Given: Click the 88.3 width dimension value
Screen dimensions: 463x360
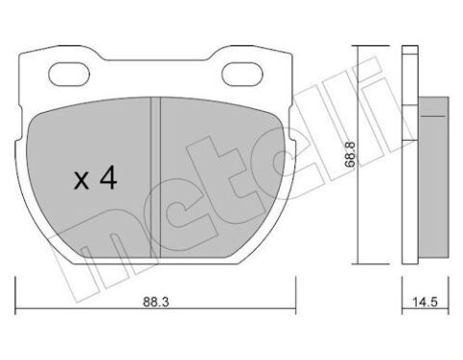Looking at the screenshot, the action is click(156, 302).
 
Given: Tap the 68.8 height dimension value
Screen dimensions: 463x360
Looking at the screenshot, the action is click(350, 154).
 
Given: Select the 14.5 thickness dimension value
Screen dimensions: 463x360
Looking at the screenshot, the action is click(424, 302).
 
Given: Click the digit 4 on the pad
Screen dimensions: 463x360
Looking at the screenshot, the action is click(108, 179).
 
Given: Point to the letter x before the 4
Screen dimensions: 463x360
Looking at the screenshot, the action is click(81, 180).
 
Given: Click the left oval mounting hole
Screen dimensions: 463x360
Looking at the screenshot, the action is click(69, 73).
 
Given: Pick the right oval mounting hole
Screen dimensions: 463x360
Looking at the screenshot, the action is click(242, 74).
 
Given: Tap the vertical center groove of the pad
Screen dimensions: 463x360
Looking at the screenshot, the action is click(155, 178).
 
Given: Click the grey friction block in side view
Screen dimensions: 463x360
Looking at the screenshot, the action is click(433, 177).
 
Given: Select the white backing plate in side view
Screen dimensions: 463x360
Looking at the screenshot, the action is click(410, 155).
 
